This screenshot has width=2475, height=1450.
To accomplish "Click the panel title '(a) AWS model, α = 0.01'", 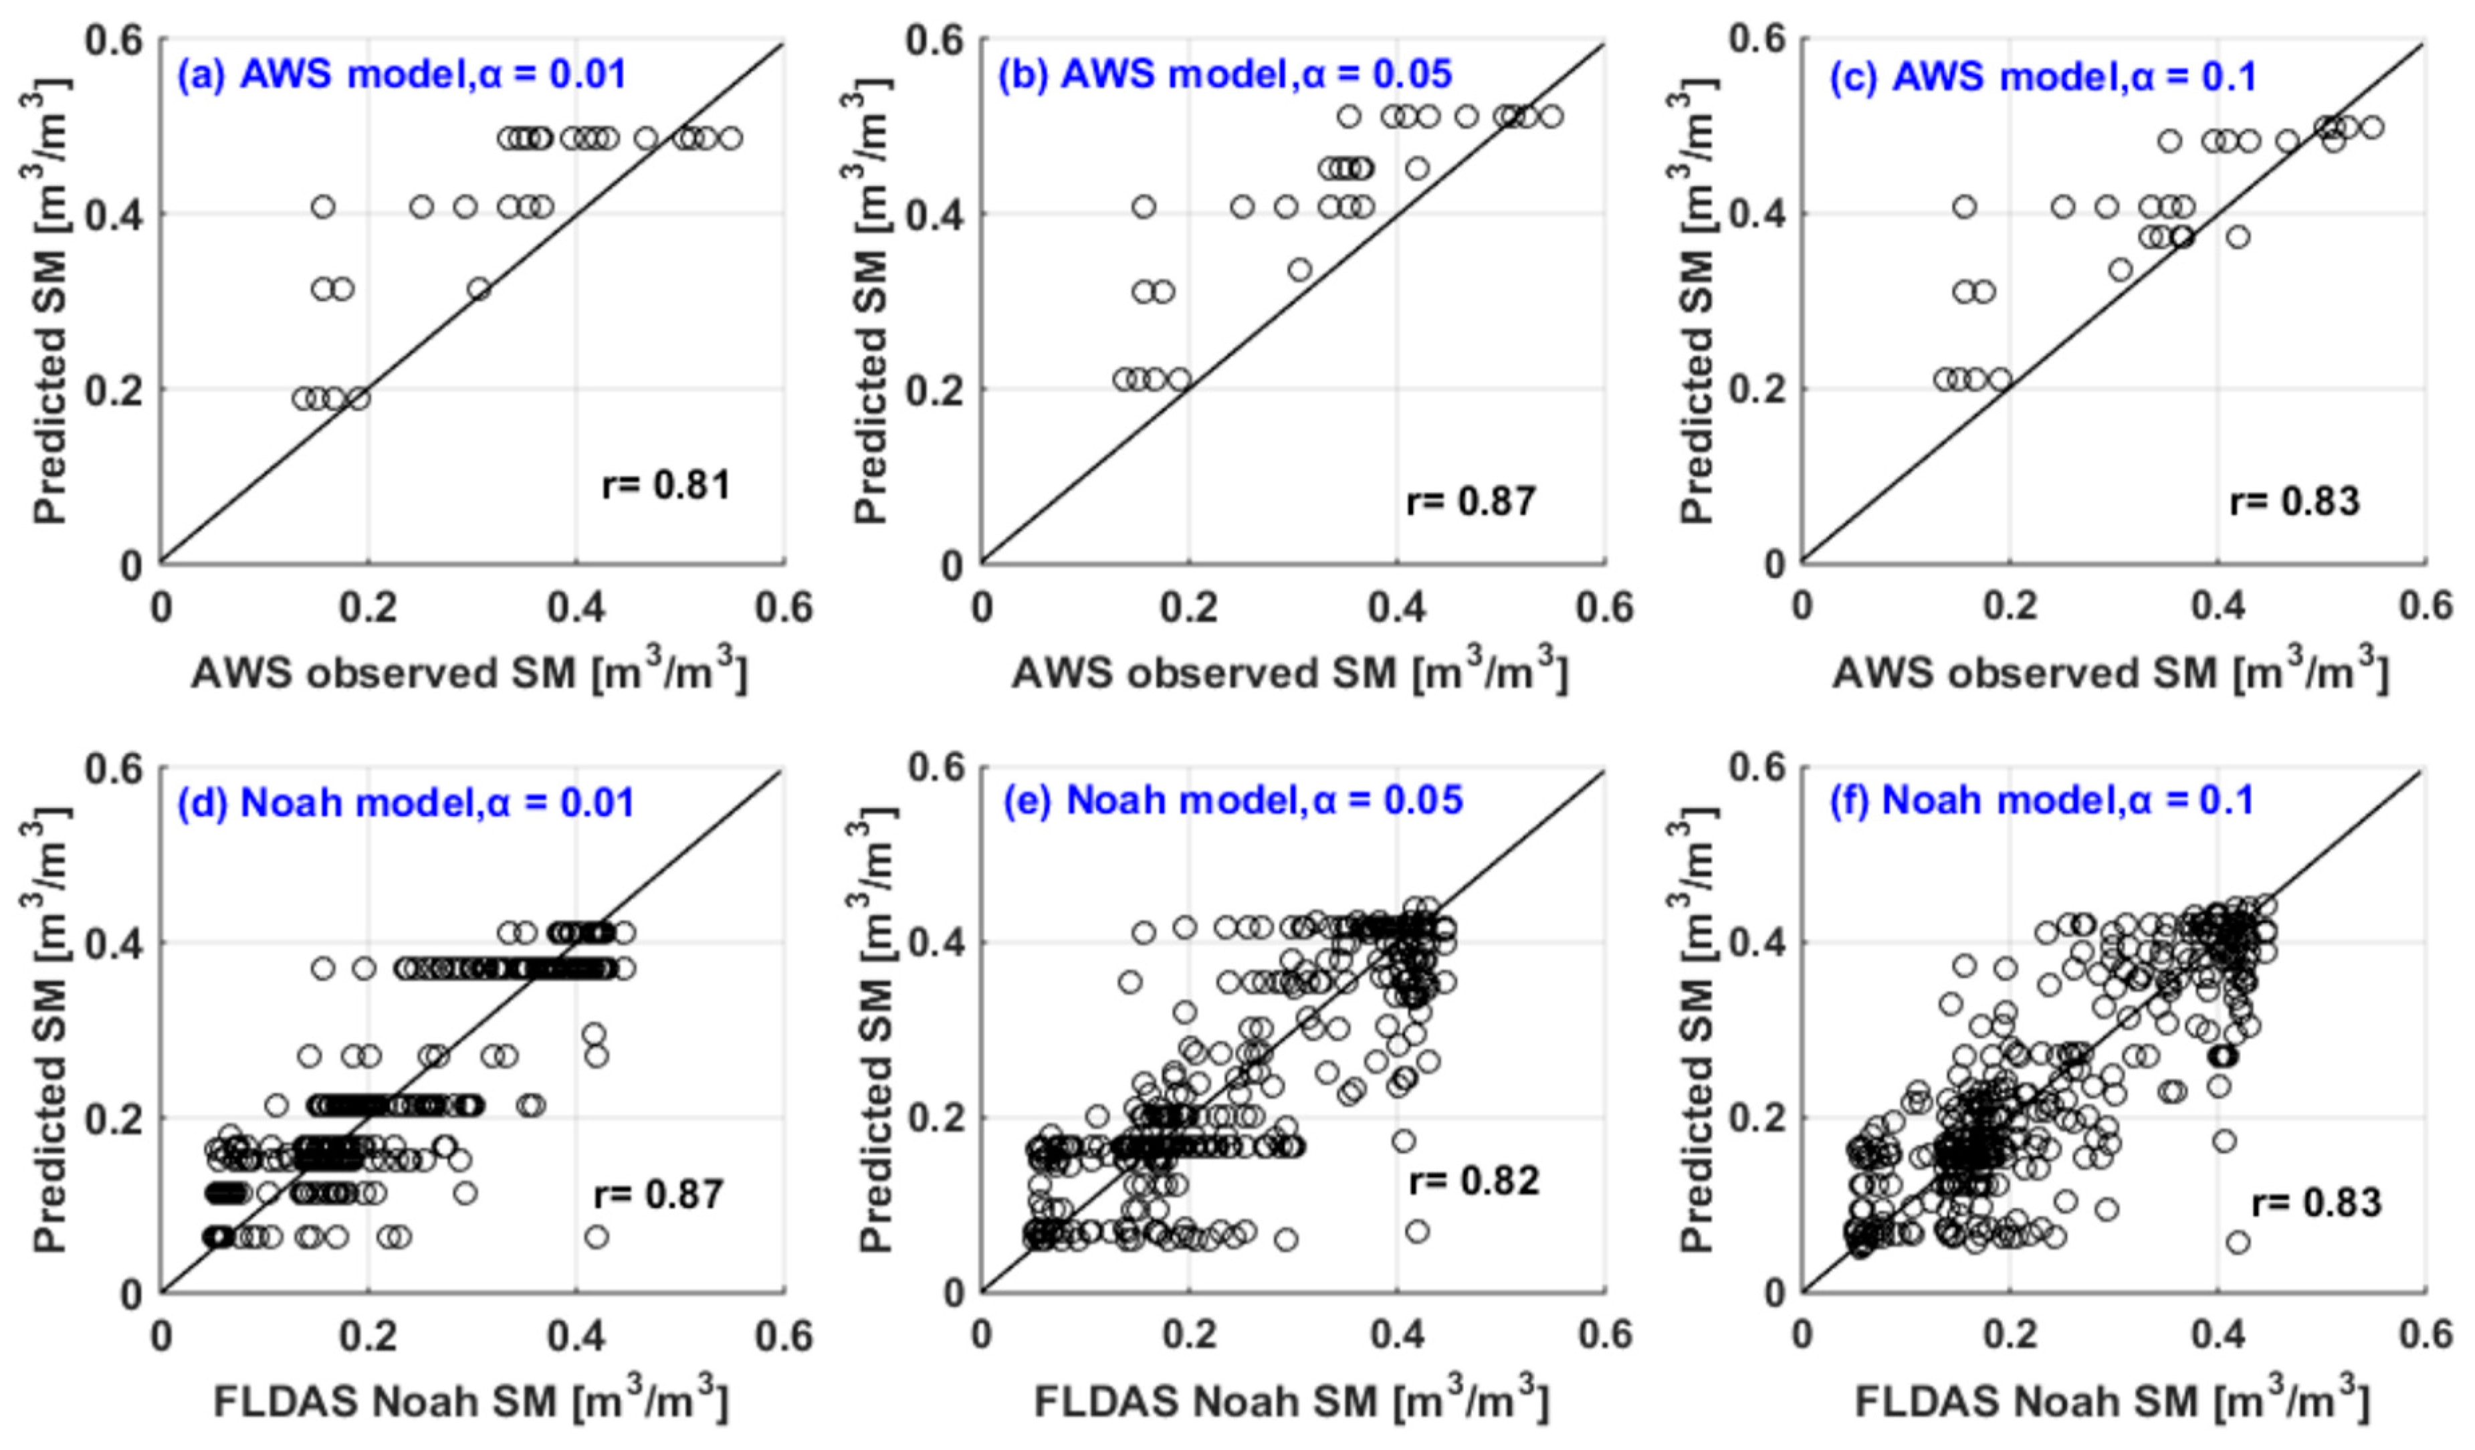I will (401, 75).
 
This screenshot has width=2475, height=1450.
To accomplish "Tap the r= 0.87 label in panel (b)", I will (1471, 501).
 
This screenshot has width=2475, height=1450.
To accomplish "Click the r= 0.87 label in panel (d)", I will (658, 1195).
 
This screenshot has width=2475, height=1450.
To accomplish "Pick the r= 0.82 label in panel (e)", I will (1473, 1180).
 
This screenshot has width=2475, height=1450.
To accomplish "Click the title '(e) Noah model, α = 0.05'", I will (1232, 800).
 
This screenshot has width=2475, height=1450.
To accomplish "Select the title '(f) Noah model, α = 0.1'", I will (2041, 800).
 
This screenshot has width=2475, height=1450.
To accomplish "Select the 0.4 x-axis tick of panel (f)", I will (2218, 1335).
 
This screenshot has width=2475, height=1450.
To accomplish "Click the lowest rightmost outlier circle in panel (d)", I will (596, 1237).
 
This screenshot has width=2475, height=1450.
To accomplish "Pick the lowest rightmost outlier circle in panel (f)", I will (2238, 1243).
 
